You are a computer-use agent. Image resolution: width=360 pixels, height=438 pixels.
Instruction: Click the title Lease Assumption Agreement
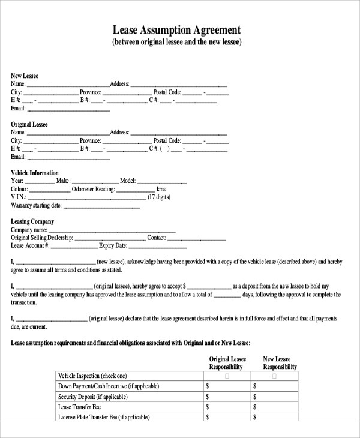coord(177,30)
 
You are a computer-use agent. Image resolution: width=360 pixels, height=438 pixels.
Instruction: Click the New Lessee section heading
coord(25,76)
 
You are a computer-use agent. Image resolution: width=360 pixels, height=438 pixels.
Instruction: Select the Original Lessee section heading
coord(29,124)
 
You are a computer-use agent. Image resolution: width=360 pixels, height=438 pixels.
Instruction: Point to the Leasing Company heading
coord(32,221)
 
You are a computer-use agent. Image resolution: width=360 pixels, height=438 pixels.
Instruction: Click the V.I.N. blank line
coord(87,197)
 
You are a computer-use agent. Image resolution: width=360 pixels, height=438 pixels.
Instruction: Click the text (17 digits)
coord(159,197)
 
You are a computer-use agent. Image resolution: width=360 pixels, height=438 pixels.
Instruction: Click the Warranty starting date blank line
coord(101,206)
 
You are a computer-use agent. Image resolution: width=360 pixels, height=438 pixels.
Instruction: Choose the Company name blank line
coord(112,230)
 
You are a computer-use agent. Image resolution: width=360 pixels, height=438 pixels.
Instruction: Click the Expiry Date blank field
coord(158,246)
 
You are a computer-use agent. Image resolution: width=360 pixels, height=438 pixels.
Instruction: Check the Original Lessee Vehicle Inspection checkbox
coord(226,376)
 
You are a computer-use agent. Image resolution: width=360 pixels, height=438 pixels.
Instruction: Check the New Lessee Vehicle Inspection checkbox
coord(275,376)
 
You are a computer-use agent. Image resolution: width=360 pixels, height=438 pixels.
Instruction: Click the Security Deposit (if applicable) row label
coord(93,397)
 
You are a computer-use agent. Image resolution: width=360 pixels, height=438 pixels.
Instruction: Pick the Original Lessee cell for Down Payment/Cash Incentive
coord(227,386)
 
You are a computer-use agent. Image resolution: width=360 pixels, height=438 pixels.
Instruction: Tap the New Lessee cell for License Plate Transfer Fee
coord(275,417)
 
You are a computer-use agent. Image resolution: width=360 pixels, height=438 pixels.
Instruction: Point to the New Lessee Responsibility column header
coord(280,363)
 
